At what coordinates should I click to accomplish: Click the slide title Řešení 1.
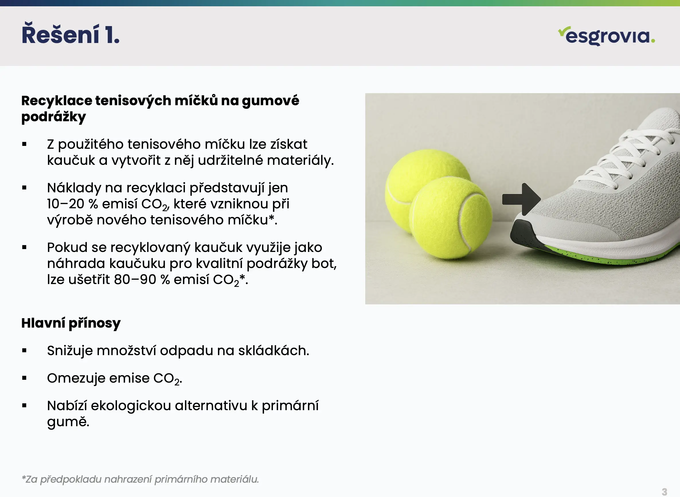tap(71, 34)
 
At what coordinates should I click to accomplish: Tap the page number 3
tap(664, 492)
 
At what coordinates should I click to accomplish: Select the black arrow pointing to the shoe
tap(521, 199)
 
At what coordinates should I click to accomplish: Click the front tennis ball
tap(450, 218)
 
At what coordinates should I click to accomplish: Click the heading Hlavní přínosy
tap(71, 323)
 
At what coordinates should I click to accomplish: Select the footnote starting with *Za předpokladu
tap(140, 479)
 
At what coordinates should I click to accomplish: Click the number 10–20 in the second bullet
tap(66, 204)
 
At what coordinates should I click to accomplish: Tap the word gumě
tap(68, 422)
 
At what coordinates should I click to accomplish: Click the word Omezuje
tap(76, 378)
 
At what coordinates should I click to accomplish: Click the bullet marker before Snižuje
tap(24, 351)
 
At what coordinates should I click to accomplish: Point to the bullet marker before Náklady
tap(24, 188)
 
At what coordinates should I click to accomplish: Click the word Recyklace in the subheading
tap(57, 101)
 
